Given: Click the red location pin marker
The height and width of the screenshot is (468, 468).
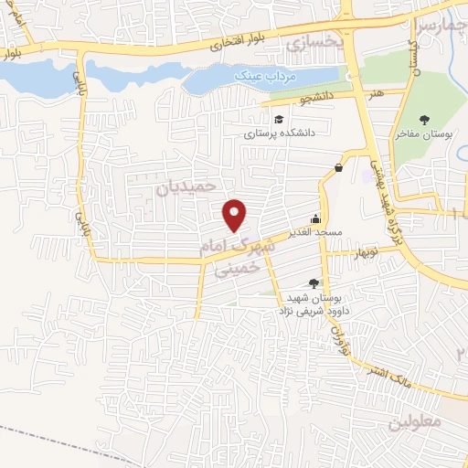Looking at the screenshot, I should tap(236, 214).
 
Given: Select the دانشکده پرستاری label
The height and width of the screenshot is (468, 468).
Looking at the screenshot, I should tap(278, 133).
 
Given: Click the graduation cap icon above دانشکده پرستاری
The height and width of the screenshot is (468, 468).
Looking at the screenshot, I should tap(277, 118).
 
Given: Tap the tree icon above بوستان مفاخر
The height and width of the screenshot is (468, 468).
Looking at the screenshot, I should tap(425, 120).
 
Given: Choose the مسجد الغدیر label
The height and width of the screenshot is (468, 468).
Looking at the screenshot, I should tap(316, 232).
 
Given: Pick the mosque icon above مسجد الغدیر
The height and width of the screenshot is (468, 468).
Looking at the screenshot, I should tap(316, 218).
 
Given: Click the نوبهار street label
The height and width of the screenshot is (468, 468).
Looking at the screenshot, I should tap(373, 251).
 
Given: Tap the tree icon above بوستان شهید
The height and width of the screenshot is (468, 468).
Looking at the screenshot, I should tap(314, 283).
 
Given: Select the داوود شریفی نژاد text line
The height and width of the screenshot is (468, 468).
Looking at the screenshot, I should tap(306, 311).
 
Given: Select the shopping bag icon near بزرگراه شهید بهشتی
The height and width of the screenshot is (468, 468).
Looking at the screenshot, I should tap(339, 167).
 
